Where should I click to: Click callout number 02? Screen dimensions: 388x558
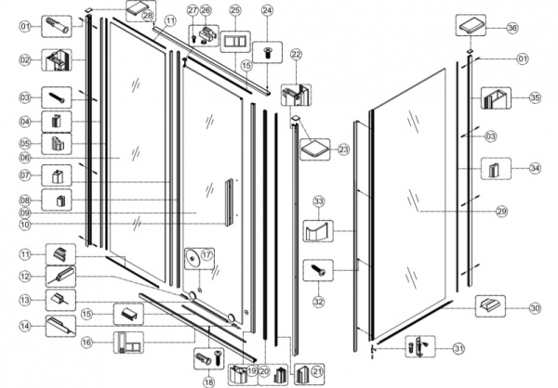tap(25, 60)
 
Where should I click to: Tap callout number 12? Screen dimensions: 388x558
tap(25, 276)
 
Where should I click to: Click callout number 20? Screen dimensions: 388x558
tap(264, 370)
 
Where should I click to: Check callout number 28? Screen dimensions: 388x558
tap(147, 17)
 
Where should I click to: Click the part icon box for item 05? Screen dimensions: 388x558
tap(60, 144)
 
